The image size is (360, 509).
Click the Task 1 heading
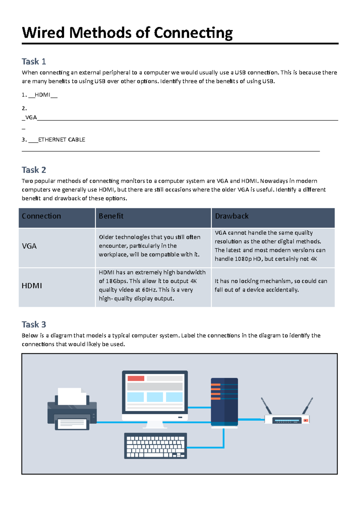tap(34, 61)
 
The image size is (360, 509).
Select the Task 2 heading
tap(34, 170)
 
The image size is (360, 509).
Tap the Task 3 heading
tap(34, 324)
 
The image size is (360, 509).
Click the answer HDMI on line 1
tap(42, 95)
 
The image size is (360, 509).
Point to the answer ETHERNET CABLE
tap(61, 140)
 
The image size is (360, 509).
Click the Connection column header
tap(41, 216)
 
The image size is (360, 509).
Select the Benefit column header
tap(111, 216)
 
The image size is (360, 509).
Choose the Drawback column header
tap(232, 216)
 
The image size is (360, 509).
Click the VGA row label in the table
tap(29, 246)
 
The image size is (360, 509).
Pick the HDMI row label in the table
tap(31, 286)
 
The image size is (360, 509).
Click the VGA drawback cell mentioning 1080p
tap(270, 246)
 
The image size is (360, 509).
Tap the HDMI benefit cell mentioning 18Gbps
tap(152, 285)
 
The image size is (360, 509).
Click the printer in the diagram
tap(72, 409)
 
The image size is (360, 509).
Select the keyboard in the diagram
tap(155, 446)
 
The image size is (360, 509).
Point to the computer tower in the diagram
tap(224, 402)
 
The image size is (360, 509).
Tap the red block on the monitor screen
tap(136, 378)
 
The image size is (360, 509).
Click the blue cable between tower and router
tap(251, 420)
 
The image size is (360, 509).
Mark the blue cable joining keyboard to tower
tap(210, 448)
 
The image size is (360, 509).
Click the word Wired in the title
tap(43, 33)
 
